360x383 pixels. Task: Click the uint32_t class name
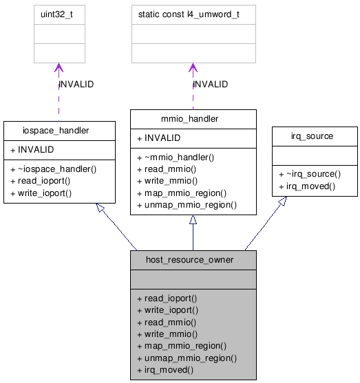(59, 14)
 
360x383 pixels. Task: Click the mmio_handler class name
(193, 119)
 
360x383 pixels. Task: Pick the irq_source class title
(315, 136)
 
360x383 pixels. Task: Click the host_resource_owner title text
(193, 260)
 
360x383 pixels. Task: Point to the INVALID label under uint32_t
(76, 85)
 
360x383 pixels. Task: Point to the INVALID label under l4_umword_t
(211, 85)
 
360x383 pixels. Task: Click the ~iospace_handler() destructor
(53, 168)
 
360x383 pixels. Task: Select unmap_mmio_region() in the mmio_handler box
(187, 206)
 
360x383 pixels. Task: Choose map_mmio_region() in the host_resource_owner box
(182, 346)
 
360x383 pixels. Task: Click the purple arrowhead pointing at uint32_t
(59, 69)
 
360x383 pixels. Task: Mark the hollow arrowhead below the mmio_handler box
(193, 220)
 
